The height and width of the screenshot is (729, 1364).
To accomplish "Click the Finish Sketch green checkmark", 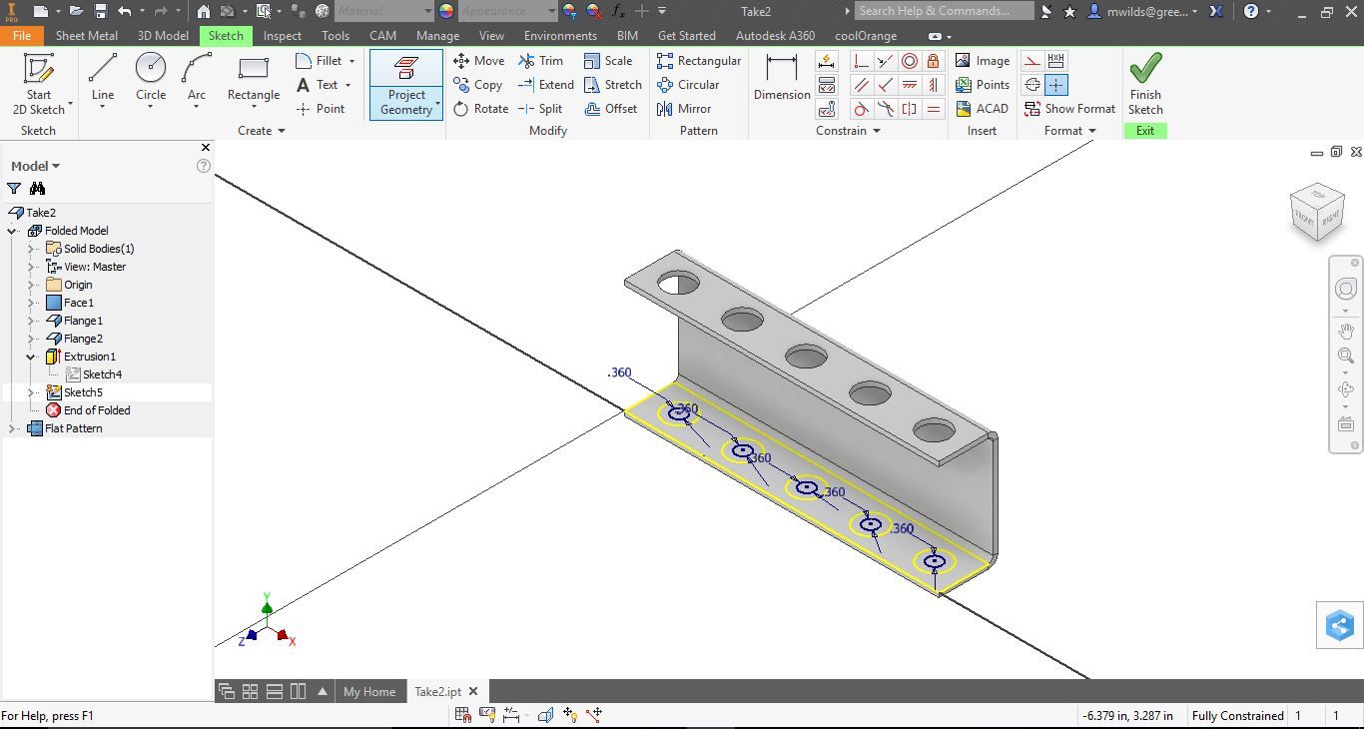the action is tap(1145, 68).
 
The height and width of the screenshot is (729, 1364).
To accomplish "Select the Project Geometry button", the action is tap(406, 85).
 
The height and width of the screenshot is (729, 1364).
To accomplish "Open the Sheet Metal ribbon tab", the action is tap(87, 35).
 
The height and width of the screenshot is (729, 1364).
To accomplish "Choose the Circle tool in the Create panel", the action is tap(151, 78).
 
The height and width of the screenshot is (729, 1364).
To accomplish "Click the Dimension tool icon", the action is tap(781, 67).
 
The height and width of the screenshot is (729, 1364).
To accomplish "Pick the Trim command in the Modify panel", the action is tap(541, 61).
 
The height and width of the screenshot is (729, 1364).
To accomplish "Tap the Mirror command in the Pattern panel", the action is tap(684, 109).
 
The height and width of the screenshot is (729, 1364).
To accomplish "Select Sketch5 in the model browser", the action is tap(83, 392).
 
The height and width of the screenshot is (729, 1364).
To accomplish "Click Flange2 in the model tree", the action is tap(83, 339).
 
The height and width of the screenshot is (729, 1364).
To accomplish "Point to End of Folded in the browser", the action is tap(96, 410).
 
